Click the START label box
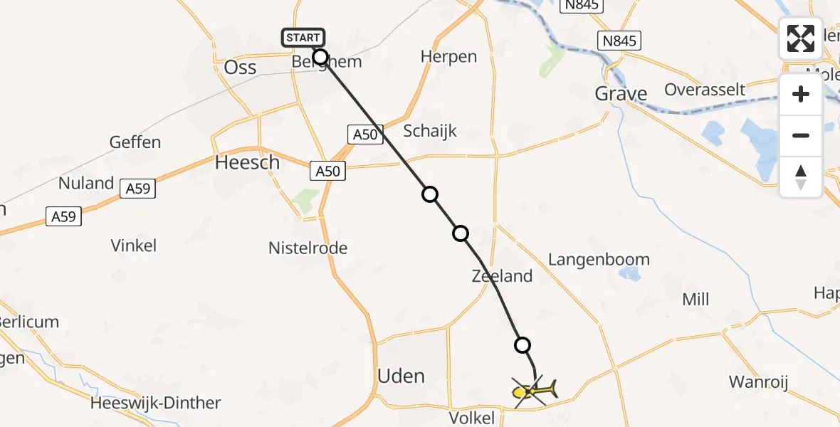[x=304, y=38]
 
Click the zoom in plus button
[x=801, y=94]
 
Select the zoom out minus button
[x=801, y=135]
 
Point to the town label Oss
[x=240, y=67]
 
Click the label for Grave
[x=621, y=93]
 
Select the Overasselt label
[x=705, y=90]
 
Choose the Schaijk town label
[x=430, y=131]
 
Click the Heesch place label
[x=247, y=162]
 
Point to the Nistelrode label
[x=308, y=248]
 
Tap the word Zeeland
[x=502, y=276]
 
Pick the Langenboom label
[x=599, y=259]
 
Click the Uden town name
[x=401, y=375]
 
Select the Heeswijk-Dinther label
[x=156, y=403]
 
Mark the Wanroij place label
[x=759, y=382]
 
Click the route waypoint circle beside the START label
[x=320, y=57]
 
